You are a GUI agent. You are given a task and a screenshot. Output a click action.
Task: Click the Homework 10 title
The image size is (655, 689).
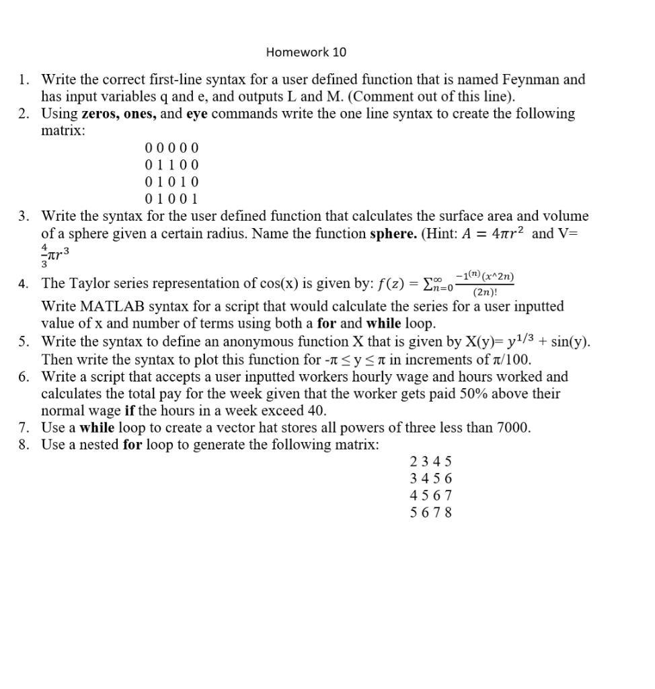pyautogui.click(x=306, y=52)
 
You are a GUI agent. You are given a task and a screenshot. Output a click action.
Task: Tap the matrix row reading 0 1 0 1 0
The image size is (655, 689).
pyautogui.click(x=171, y=182)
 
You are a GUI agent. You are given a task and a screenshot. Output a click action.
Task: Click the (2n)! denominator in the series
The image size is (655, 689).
pyautogui.click(x=485, y=293)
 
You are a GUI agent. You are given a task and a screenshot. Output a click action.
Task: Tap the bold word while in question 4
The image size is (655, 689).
pyautogui.click(x=383, y=323)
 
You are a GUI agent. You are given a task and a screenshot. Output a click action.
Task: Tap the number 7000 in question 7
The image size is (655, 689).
pyautogui.click(x=512, y=427)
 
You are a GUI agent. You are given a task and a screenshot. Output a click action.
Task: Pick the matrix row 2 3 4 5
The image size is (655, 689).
pyautogui.click(x=431, y=462)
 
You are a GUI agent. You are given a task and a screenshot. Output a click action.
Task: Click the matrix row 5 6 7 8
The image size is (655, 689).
pyautogui.click(x=431, y=512)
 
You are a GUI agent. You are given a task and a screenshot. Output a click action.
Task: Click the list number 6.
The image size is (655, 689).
pyautogui.click(x=24, y=377)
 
